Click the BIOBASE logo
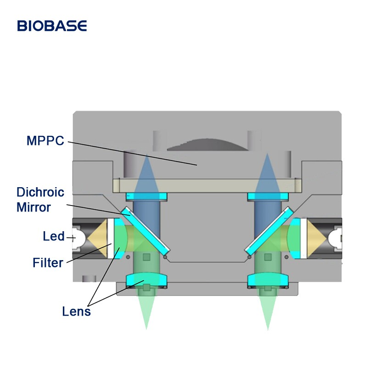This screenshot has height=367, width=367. (x=52, y=26)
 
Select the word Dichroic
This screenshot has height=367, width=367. (x=40, y=192)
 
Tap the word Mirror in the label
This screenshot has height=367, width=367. (x=34, y=207)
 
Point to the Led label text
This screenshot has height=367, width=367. (x=54, y=237)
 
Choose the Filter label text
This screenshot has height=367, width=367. (x=48, y=263)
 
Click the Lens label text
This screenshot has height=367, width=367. (x=77, y=311)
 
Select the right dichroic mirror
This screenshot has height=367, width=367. (x=268, y=231)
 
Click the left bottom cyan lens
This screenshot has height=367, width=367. (x=146, y=279)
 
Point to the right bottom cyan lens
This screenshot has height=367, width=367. (x=268, y=279)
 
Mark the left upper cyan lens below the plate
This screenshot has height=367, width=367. (x=146, y=197)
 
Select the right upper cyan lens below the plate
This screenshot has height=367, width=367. (x=268, y=197)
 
